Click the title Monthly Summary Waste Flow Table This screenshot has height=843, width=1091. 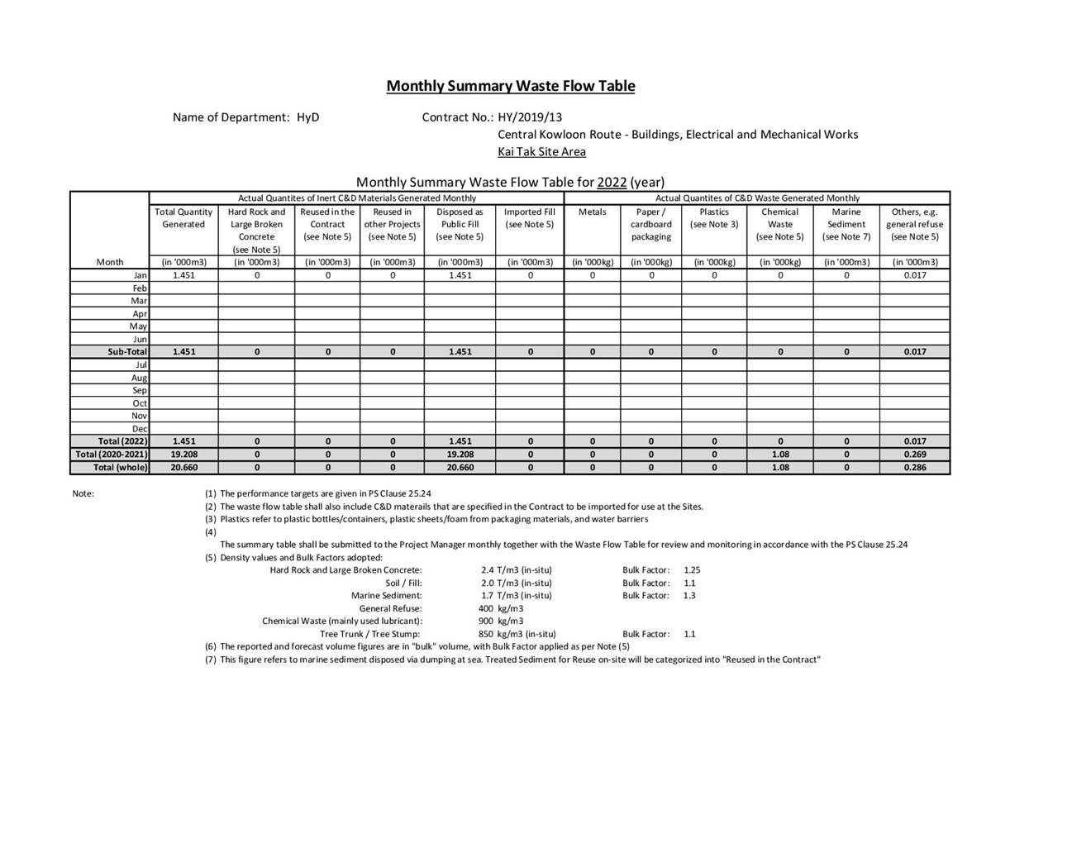(x=510, y=86)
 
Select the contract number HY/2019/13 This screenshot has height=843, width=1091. (x=530, y=117)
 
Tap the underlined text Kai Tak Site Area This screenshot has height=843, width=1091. (x=541, y=151)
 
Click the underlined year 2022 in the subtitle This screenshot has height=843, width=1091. (x=612, y=182)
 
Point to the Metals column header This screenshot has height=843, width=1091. (x=592, y=212)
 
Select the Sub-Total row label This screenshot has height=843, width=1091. (x=126, y=352)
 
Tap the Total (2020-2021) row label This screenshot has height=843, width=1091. (x=112, y=455)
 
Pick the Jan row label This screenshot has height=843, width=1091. (x=141, y=275)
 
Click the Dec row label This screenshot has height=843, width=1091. (x=140, y=429)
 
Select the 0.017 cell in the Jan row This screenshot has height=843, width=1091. (x=914, y=275)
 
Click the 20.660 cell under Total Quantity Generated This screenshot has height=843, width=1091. (x=183, y=468)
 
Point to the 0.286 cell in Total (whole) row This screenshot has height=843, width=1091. (x=914, y=468)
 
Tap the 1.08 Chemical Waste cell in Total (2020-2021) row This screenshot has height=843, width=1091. (x=779, y=455)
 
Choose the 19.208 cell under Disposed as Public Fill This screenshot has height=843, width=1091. (x=460, y=455)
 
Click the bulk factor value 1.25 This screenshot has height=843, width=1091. (x=692, y=570)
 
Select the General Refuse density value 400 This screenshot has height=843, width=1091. (x=486, y=608)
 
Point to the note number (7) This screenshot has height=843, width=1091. (x=211, y=660)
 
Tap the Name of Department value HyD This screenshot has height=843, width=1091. (x=307, y=117)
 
